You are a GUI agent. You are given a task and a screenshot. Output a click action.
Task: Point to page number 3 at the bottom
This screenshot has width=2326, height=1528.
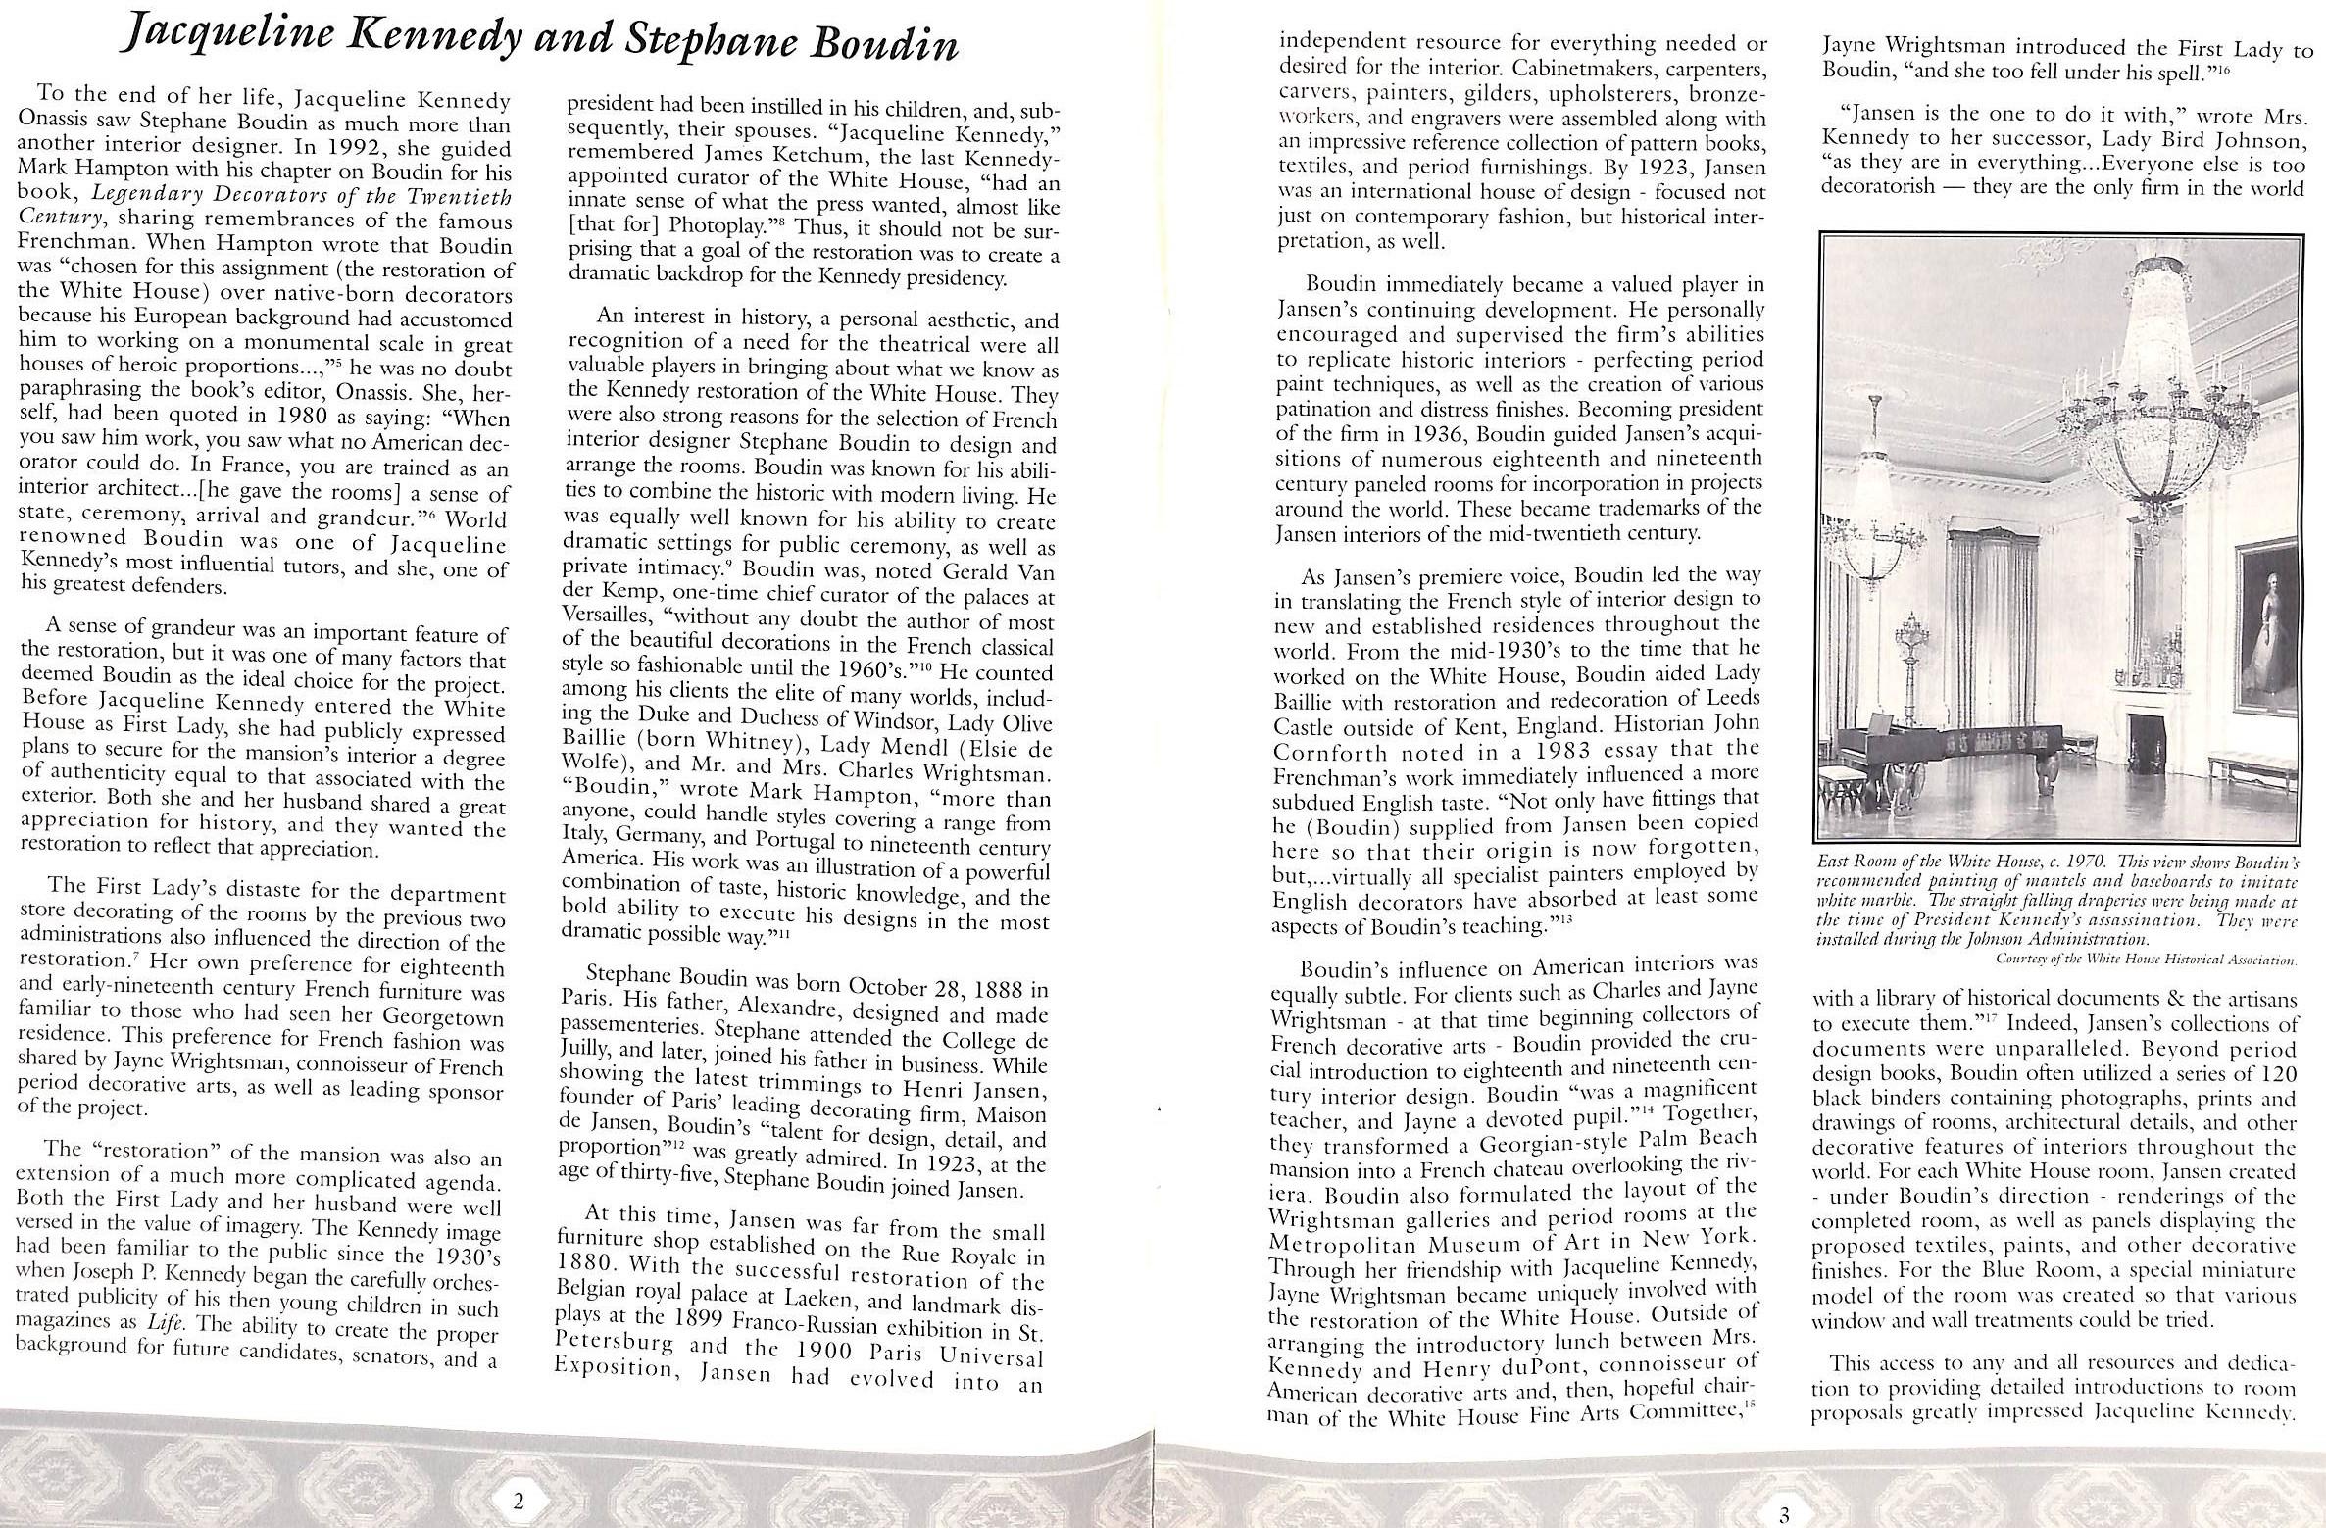pos(1784,1515)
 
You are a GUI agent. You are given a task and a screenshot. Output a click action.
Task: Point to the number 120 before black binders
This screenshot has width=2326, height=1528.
pos(2271,1072)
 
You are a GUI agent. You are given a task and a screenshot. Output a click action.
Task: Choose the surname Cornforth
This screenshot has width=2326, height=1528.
pos(1332,753)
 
